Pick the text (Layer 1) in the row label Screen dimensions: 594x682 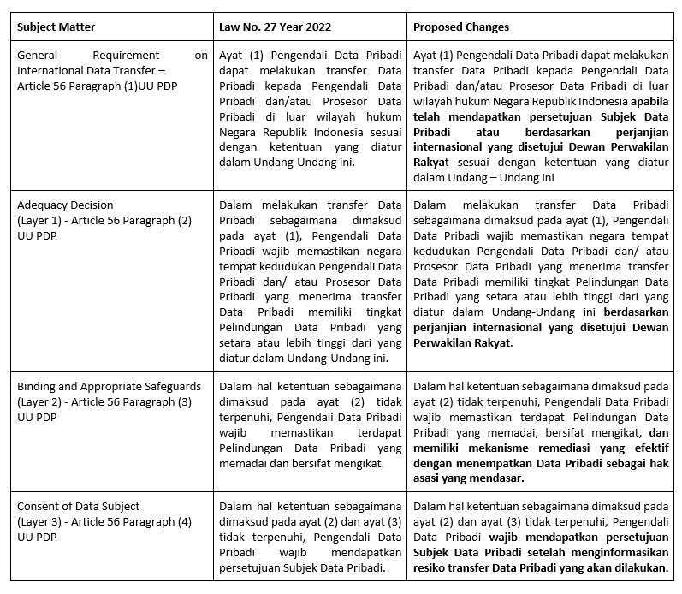[41, 220]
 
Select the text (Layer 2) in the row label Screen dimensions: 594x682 [41, 401]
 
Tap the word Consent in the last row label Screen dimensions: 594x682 [39, 506]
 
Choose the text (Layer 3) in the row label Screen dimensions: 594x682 [41, 521]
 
